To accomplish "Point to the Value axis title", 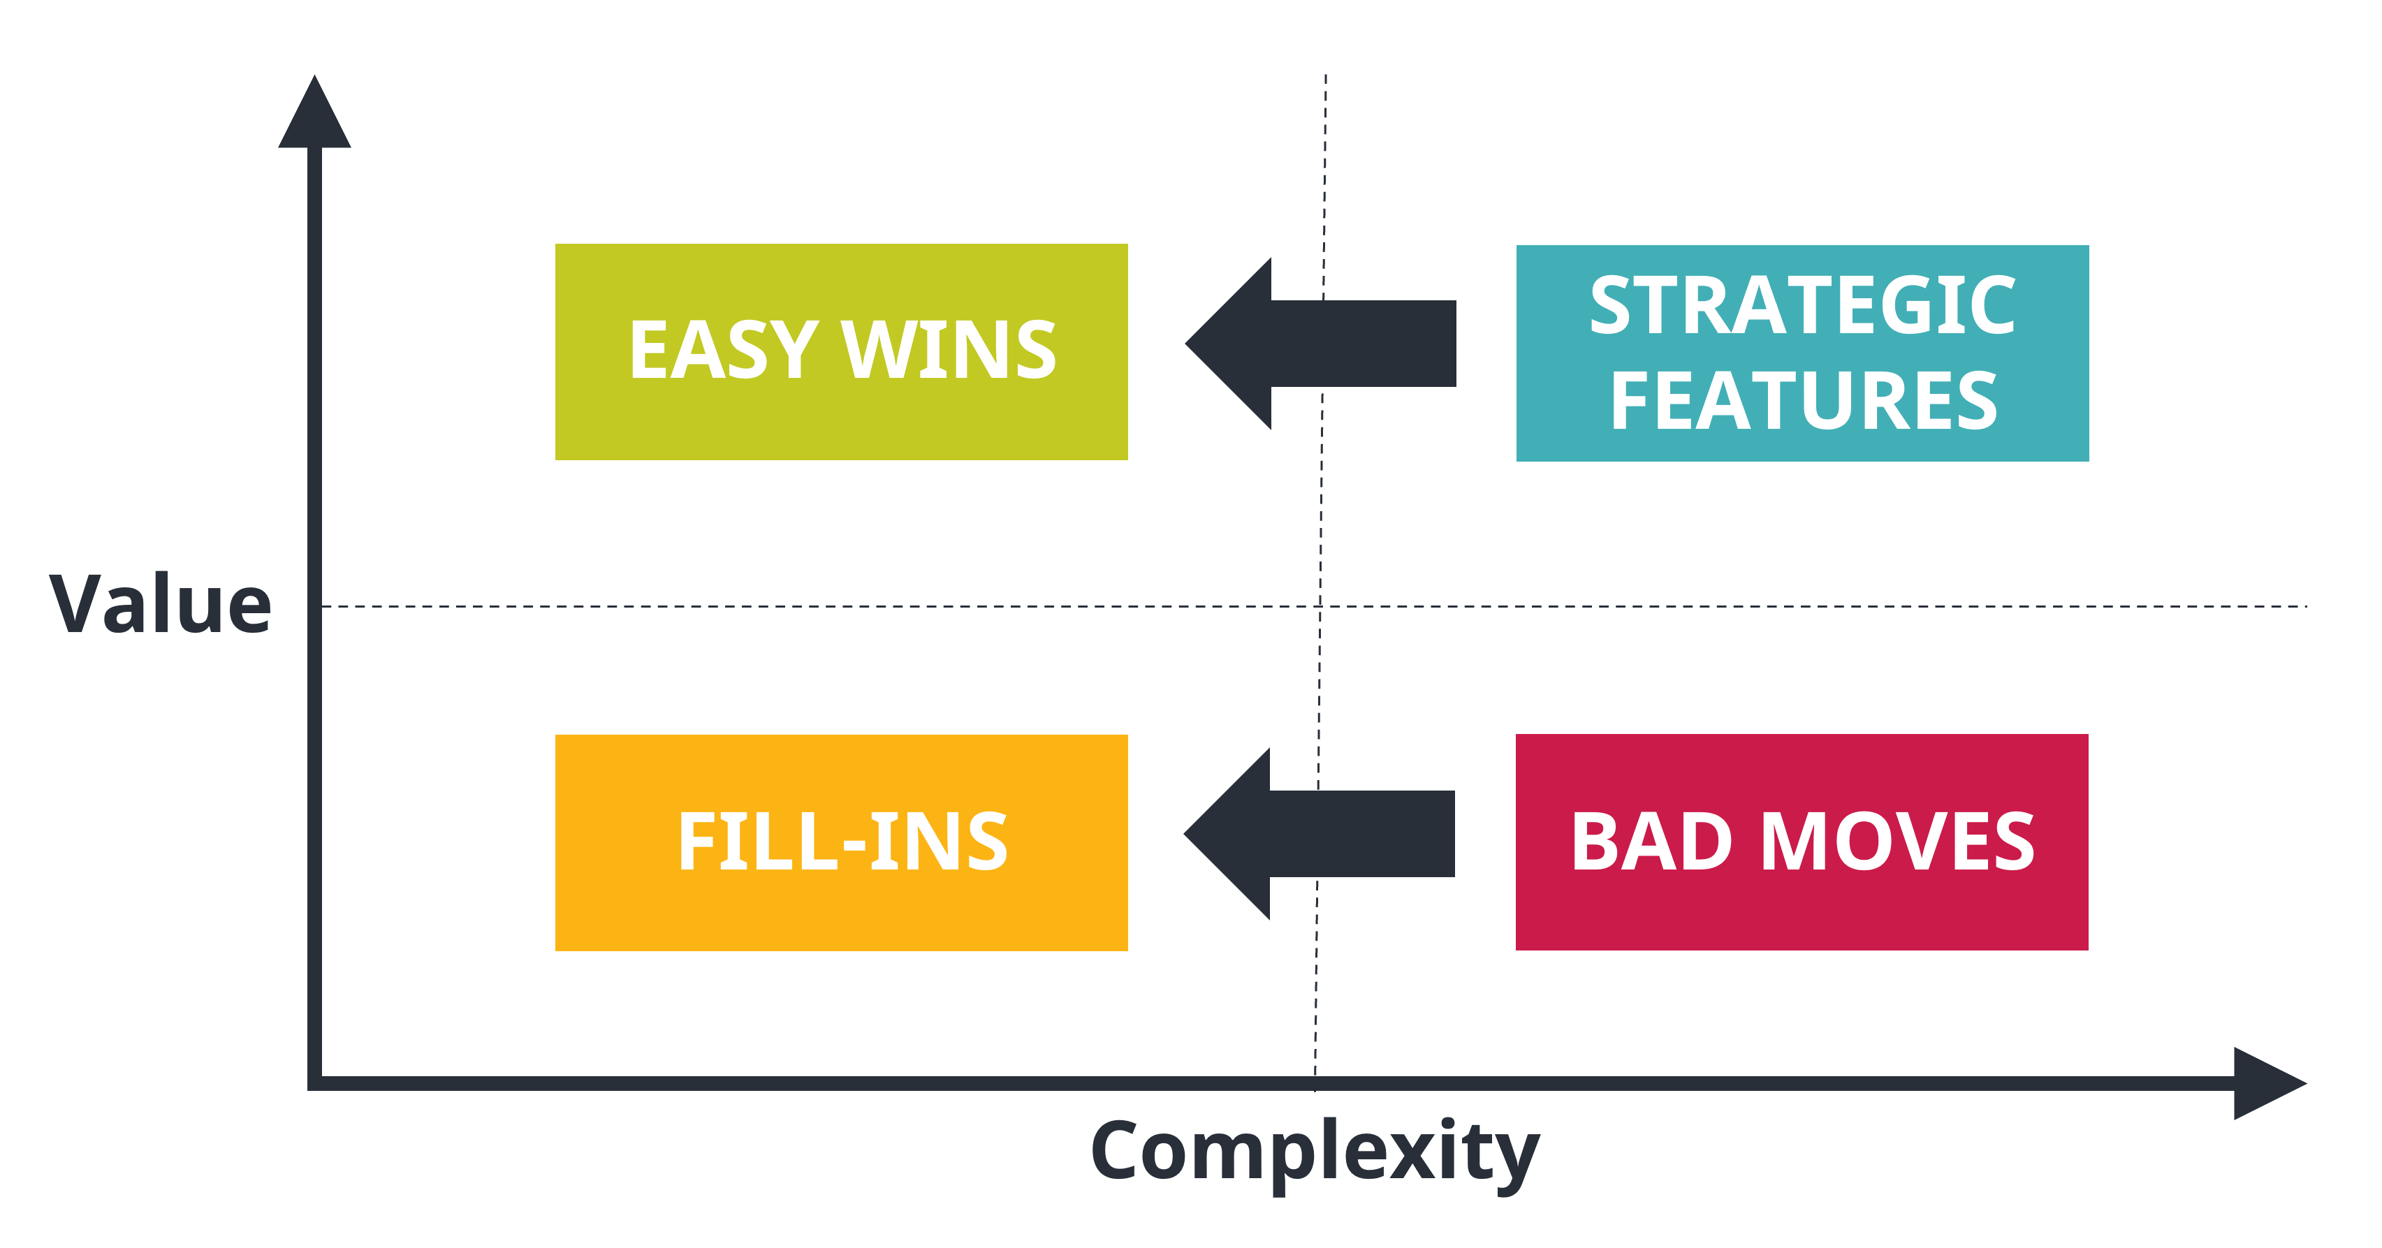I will point(160,605).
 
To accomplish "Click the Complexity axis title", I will point(1315,1151).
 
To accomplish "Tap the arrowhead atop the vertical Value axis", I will point(314,115).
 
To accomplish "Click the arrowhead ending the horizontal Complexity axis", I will point(2265,1083).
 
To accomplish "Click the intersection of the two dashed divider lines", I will point(1320,606).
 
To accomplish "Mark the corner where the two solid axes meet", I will point(314,1083).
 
